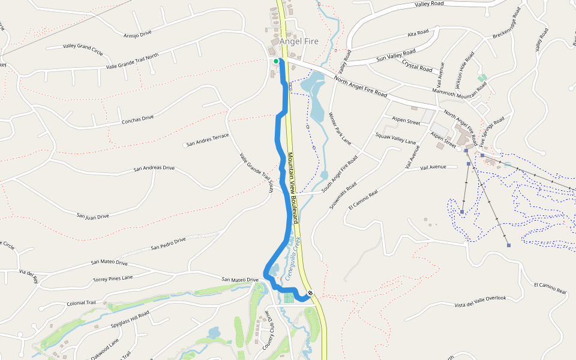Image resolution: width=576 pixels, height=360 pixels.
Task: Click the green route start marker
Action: coord(276,61)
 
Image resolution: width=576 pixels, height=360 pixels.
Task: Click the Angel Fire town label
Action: coord(299,41)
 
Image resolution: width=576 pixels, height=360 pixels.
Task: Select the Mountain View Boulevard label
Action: coord(293,188)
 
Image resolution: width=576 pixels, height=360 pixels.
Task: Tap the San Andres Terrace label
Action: coord(208,140)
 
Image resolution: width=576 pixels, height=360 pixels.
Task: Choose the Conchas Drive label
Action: coord(138,118)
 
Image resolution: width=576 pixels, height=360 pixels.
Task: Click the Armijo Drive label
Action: coord(138,34)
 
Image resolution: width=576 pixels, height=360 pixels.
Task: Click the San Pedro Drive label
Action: coord(169,243)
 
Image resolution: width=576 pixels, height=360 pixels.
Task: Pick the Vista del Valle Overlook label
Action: coord(481,301)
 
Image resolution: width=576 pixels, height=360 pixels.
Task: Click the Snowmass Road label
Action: coord(343,195)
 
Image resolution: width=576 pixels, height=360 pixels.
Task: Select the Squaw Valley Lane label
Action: coord(395,138)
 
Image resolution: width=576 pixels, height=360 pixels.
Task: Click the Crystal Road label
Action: coord(417,65)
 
